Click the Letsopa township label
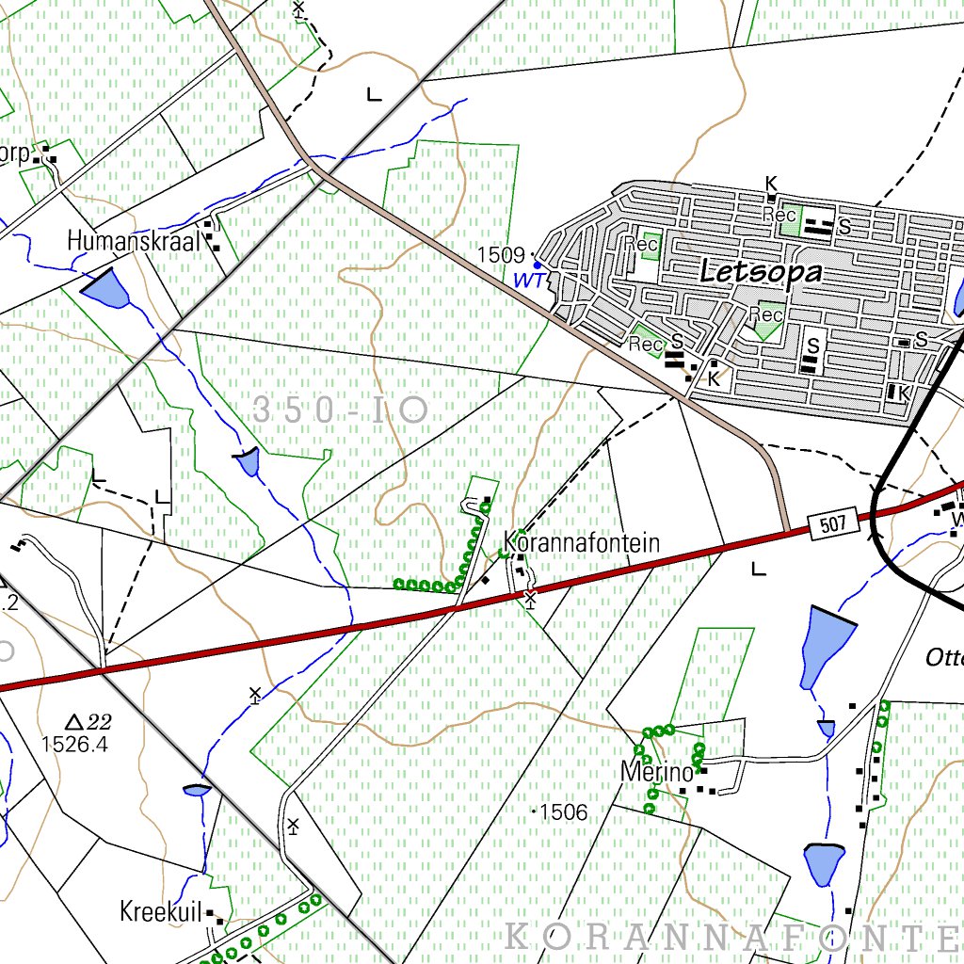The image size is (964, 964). (x=761, y=273)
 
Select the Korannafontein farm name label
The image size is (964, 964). (x=582, y=543)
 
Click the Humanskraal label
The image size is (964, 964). (x=134, y=242)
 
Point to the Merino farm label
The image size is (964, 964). (x=656, y=773)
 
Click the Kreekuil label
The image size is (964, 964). (x=161, y=911)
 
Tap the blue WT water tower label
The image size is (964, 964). (x=527, y=281)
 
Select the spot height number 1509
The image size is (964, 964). (x=500, y=255)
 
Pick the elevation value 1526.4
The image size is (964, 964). (x=74, y=744)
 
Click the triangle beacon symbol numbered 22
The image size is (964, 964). (x=75, y=722)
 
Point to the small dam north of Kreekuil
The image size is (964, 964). (x=198, y=790)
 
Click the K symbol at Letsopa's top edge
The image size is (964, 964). (x=772, y=183)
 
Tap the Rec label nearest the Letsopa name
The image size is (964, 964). (x=642, y=244)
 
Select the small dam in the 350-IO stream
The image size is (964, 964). (x=246, y=461)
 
